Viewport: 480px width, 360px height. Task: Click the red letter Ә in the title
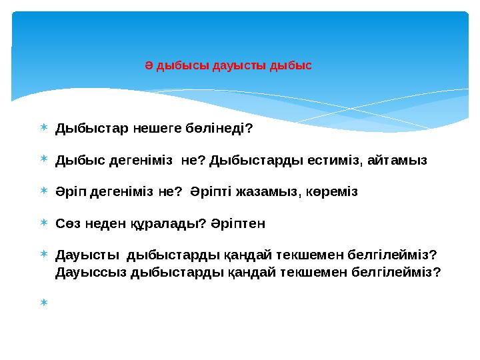pyautogui.click(x=149, y=66)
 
